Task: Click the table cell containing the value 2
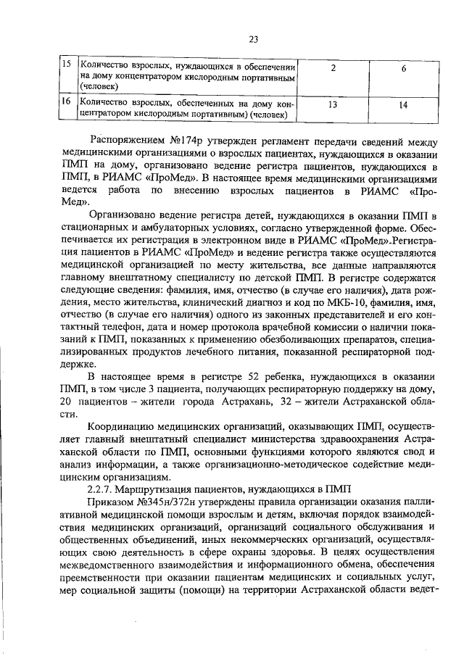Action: (333, 68)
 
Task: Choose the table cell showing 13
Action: (333, 106)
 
